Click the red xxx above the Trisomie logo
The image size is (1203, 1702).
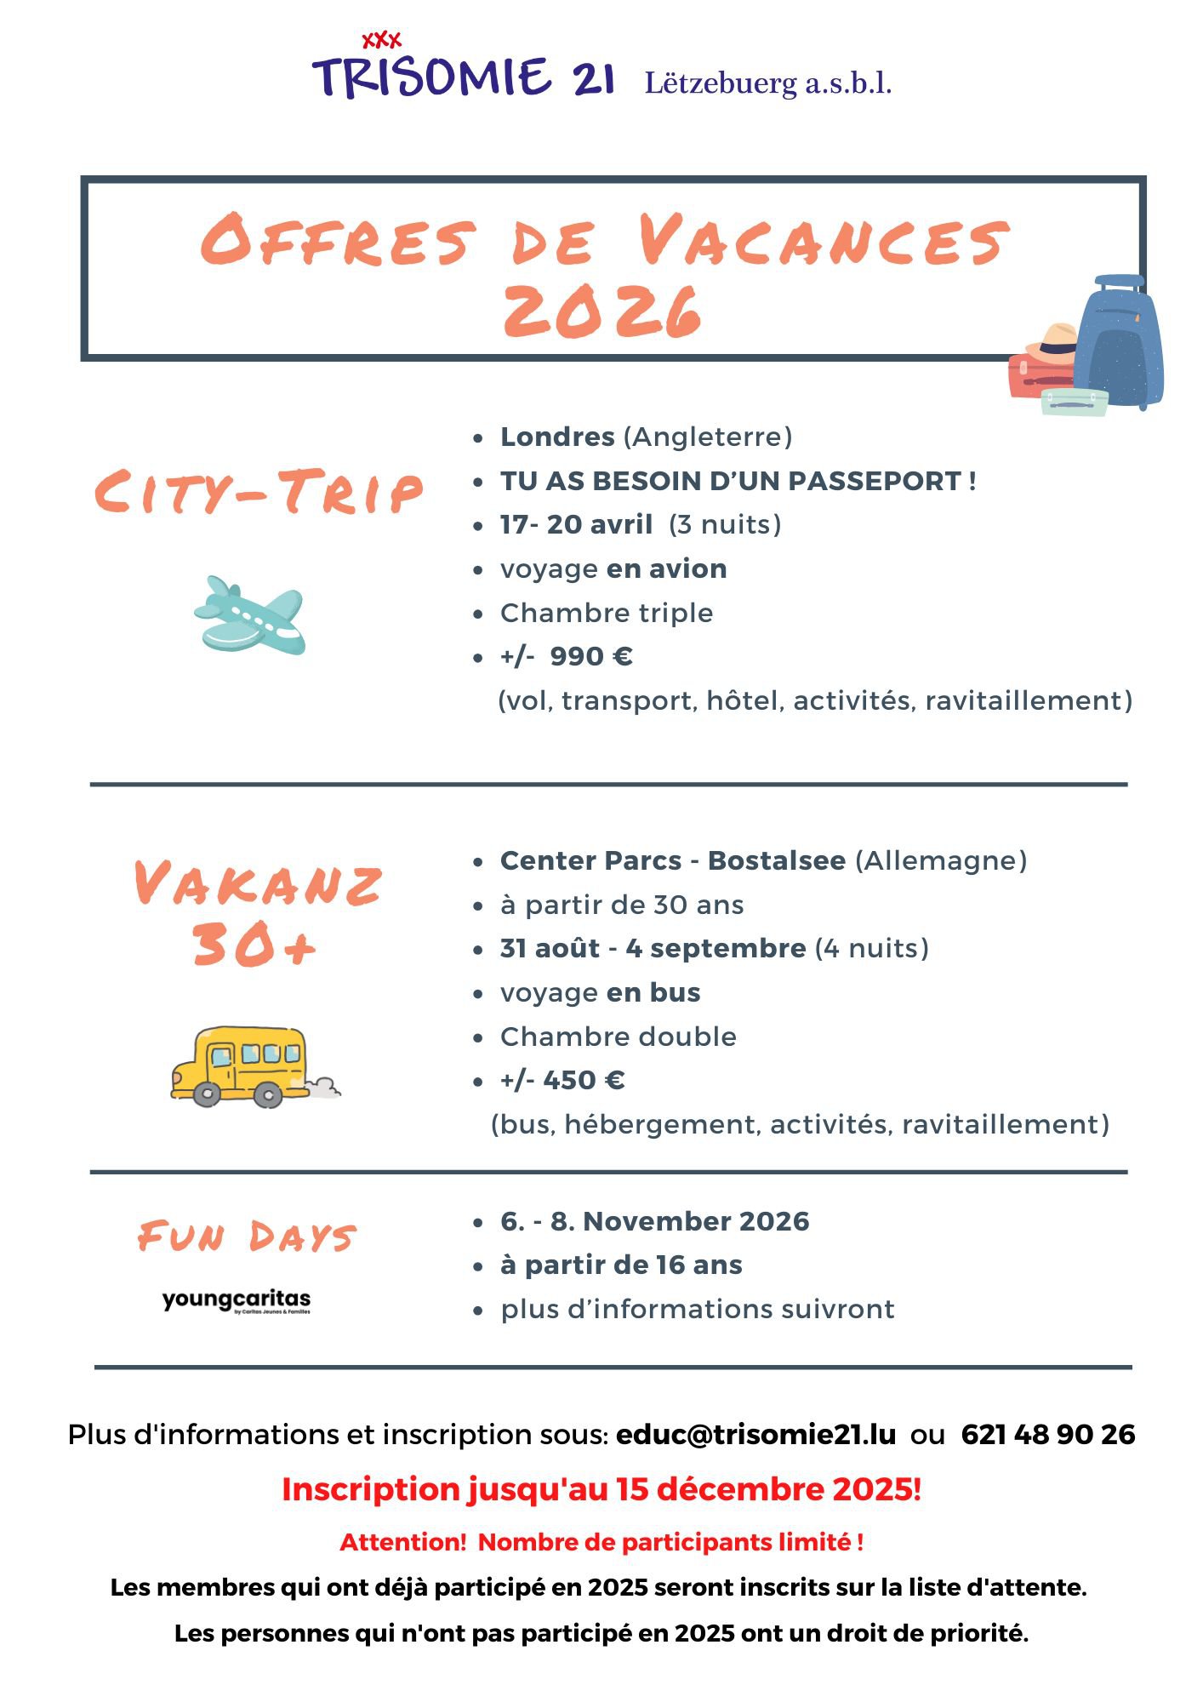pyautogui.click(x=381, y=40)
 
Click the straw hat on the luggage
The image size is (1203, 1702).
pyautogui.click(x=1052, y=342)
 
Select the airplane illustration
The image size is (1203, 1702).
pyautogui.click(x=249, y=615)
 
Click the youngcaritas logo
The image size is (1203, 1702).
pyautogui.click(x=237, y=1300)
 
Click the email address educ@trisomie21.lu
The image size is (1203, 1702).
pyautogui.click(x=755, y=1434)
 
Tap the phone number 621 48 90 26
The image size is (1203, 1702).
pyautogui.click(x=1047, y=1434)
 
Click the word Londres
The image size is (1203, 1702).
pyautogui.click(x=557, y=437)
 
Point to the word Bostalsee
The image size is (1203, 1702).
pyautogui.click(x=776, y=860)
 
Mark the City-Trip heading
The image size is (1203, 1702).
pyautogui.click(x=258, y=492)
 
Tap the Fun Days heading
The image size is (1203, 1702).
pyautogui.click(x=247, y=1237)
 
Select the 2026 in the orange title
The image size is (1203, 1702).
pyautogui.click(x=602, y=311)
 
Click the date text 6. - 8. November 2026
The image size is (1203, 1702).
pyautogui.click(x=654, y=1221)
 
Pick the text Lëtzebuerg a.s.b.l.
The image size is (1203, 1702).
pyautogui.click(x=767, y=83)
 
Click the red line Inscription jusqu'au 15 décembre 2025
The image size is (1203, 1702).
pyautogui.click(x=601, y=1489)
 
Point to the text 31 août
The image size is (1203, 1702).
pyautogui.click(x=550, y=948)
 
